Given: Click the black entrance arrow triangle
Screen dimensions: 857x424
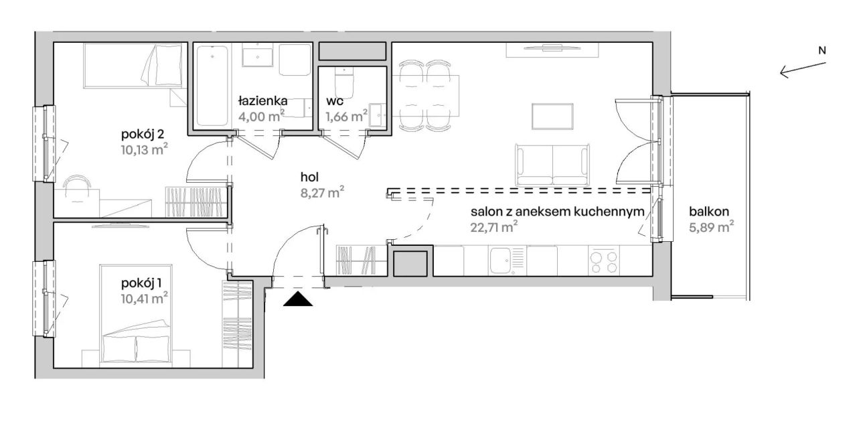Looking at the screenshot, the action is click(298, 299).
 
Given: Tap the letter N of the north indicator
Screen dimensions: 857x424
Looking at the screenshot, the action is click(822, 50).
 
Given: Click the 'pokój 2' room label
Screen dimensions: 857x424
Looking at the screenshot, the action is click(143, 135).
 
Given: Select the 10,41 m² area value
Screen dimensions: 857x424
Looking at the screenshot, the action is click(144, 297).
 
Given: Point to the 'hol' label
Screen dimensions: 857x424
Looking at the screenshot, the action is click(309, 177).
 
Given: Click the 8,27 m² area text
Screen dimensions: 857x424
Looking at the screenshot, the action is click(322, 192).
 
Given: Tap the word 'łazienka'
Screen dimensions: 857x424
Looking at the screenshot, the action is click(263, 100).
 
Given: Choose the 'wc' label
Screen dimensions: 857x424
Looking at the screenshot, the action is click(334, 101).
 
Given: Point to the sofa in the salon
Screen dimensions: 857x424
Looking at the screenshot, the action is click(552, 165).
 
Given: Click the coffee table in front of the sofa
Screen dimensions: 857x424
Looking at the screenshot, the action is click(552, 117).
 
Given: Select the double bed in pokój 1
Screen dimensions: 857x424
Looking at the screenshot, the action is click(136, 313).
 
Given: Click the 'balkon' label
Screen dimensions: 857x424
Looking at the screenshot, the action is click(709, 211).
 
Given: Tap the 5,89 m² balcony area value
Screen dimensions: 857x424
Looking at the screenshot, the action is click(711, 227).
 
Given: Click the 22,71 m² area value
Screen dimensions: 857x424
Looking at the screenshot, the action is click(494, 227).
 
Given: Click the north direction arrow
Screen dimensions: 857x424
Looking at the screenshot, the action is click(803, 70).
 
